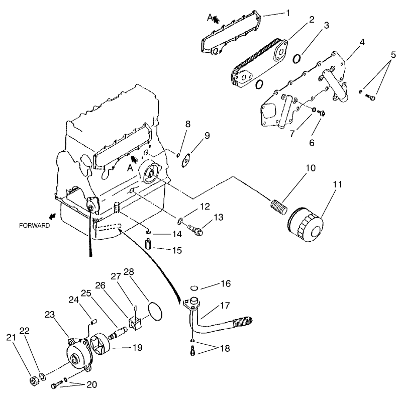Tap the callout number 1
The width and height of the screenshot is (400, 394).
(x=288, y=13)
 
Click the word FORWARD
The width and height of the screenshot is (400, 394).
(x=35, y=226)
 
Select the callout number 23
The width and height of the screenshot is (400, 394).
(x=49, y=315)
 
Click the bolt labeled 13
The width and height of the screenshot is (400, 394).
(x=195, y=229)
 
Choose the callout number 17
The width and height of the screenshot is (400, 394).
(x=225, y=305)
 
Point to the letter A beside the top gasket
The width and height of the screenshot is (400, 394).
(x=210, y=18)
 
